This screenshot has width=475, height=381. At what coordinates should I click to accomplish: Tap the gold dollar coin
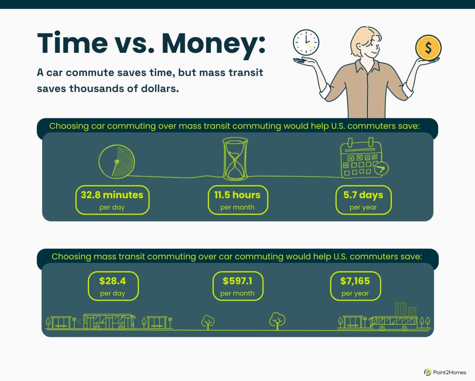click(428, 48)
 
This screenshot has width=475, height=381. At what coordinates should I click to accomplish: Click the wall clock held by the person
click(306, 42)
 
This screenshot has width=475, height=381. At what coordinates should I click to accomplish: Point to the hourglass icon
click(235, 159)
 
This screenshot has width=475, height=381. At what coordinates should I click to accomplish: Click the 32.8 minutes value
click(112, 195)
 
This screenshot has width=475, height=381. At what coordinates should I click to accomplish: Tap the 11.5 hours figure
click(237, 195)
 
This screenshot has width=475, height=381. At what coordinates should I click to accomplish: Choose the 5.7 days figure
click(363, 195)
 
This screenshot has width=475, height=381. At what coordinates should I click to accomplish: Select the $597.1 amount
click(237, 281)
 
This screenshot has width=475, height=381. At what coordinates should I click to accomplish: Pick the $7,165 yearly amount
click(355, 281)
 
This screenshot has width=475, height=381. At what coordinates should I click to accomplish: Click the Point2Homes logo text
click(449, 372)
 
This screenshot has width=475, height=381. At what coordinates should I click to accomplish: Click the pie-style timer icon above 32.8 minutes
click(116, 162)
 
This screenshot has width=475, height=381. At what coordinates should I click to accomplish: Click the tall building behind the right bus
click(401, 309)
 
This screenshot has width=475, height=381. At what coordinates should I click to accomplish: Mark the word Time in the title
click(72, 43)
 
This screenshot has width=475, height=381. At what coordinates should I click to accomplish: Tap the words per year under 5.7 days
click(363, 208)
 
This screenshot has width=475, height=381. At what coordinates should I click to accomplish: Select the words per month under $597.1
click(237, 293)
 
